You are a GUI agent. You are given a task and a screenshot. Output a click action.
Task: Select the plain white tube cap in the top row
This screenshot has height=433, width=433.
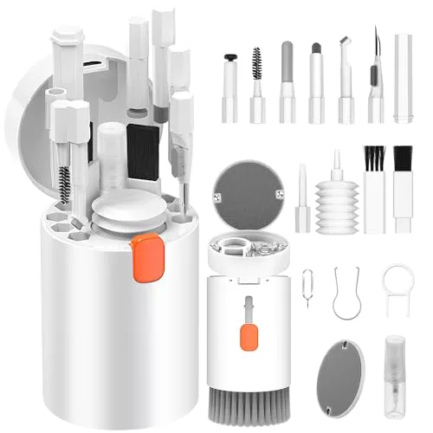point(403,78)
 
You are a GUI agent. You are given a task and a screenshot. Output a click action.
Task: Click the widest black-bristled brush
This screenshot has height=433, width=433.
point(402,186)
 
